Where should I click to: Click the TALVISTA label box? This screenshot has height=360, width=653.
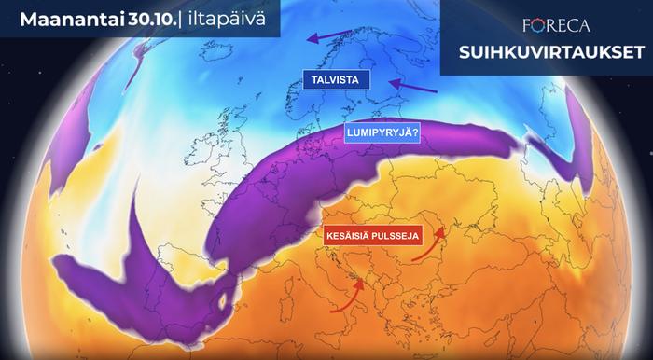336,79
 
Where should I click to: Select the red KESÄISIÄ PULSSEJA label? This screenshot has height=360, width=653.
373,237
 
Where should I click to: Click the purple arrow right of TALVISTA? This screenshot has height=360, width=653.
410,87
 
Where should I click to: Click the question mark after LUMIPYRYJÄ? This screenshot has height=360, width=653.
414,132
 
